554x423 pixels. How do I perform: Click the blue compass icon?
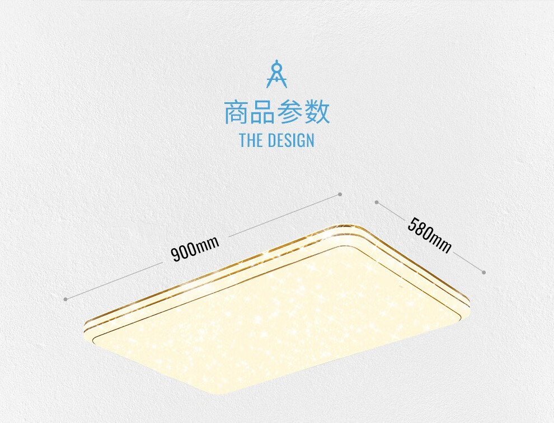pos(276,74)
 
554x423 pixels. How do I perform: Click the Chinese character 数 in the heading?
pos(317,112)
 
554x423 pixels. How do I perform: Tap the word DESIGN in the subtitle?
pos(291,140)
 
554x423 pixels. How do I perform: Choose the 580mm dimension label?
pos(429,235)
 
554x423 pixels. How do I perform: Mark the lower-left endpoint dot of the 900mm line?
pos(65,299)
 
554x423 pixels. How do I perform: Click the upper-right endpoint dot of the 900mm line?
pos(340,194)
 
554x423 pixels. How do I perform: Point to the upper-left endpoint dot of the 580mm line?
pos(377,202)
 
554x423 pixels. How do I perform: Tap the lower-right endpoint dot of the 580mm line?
pos(483,272)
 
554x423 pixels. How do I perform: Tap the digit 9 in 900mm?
pos(175,255)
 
